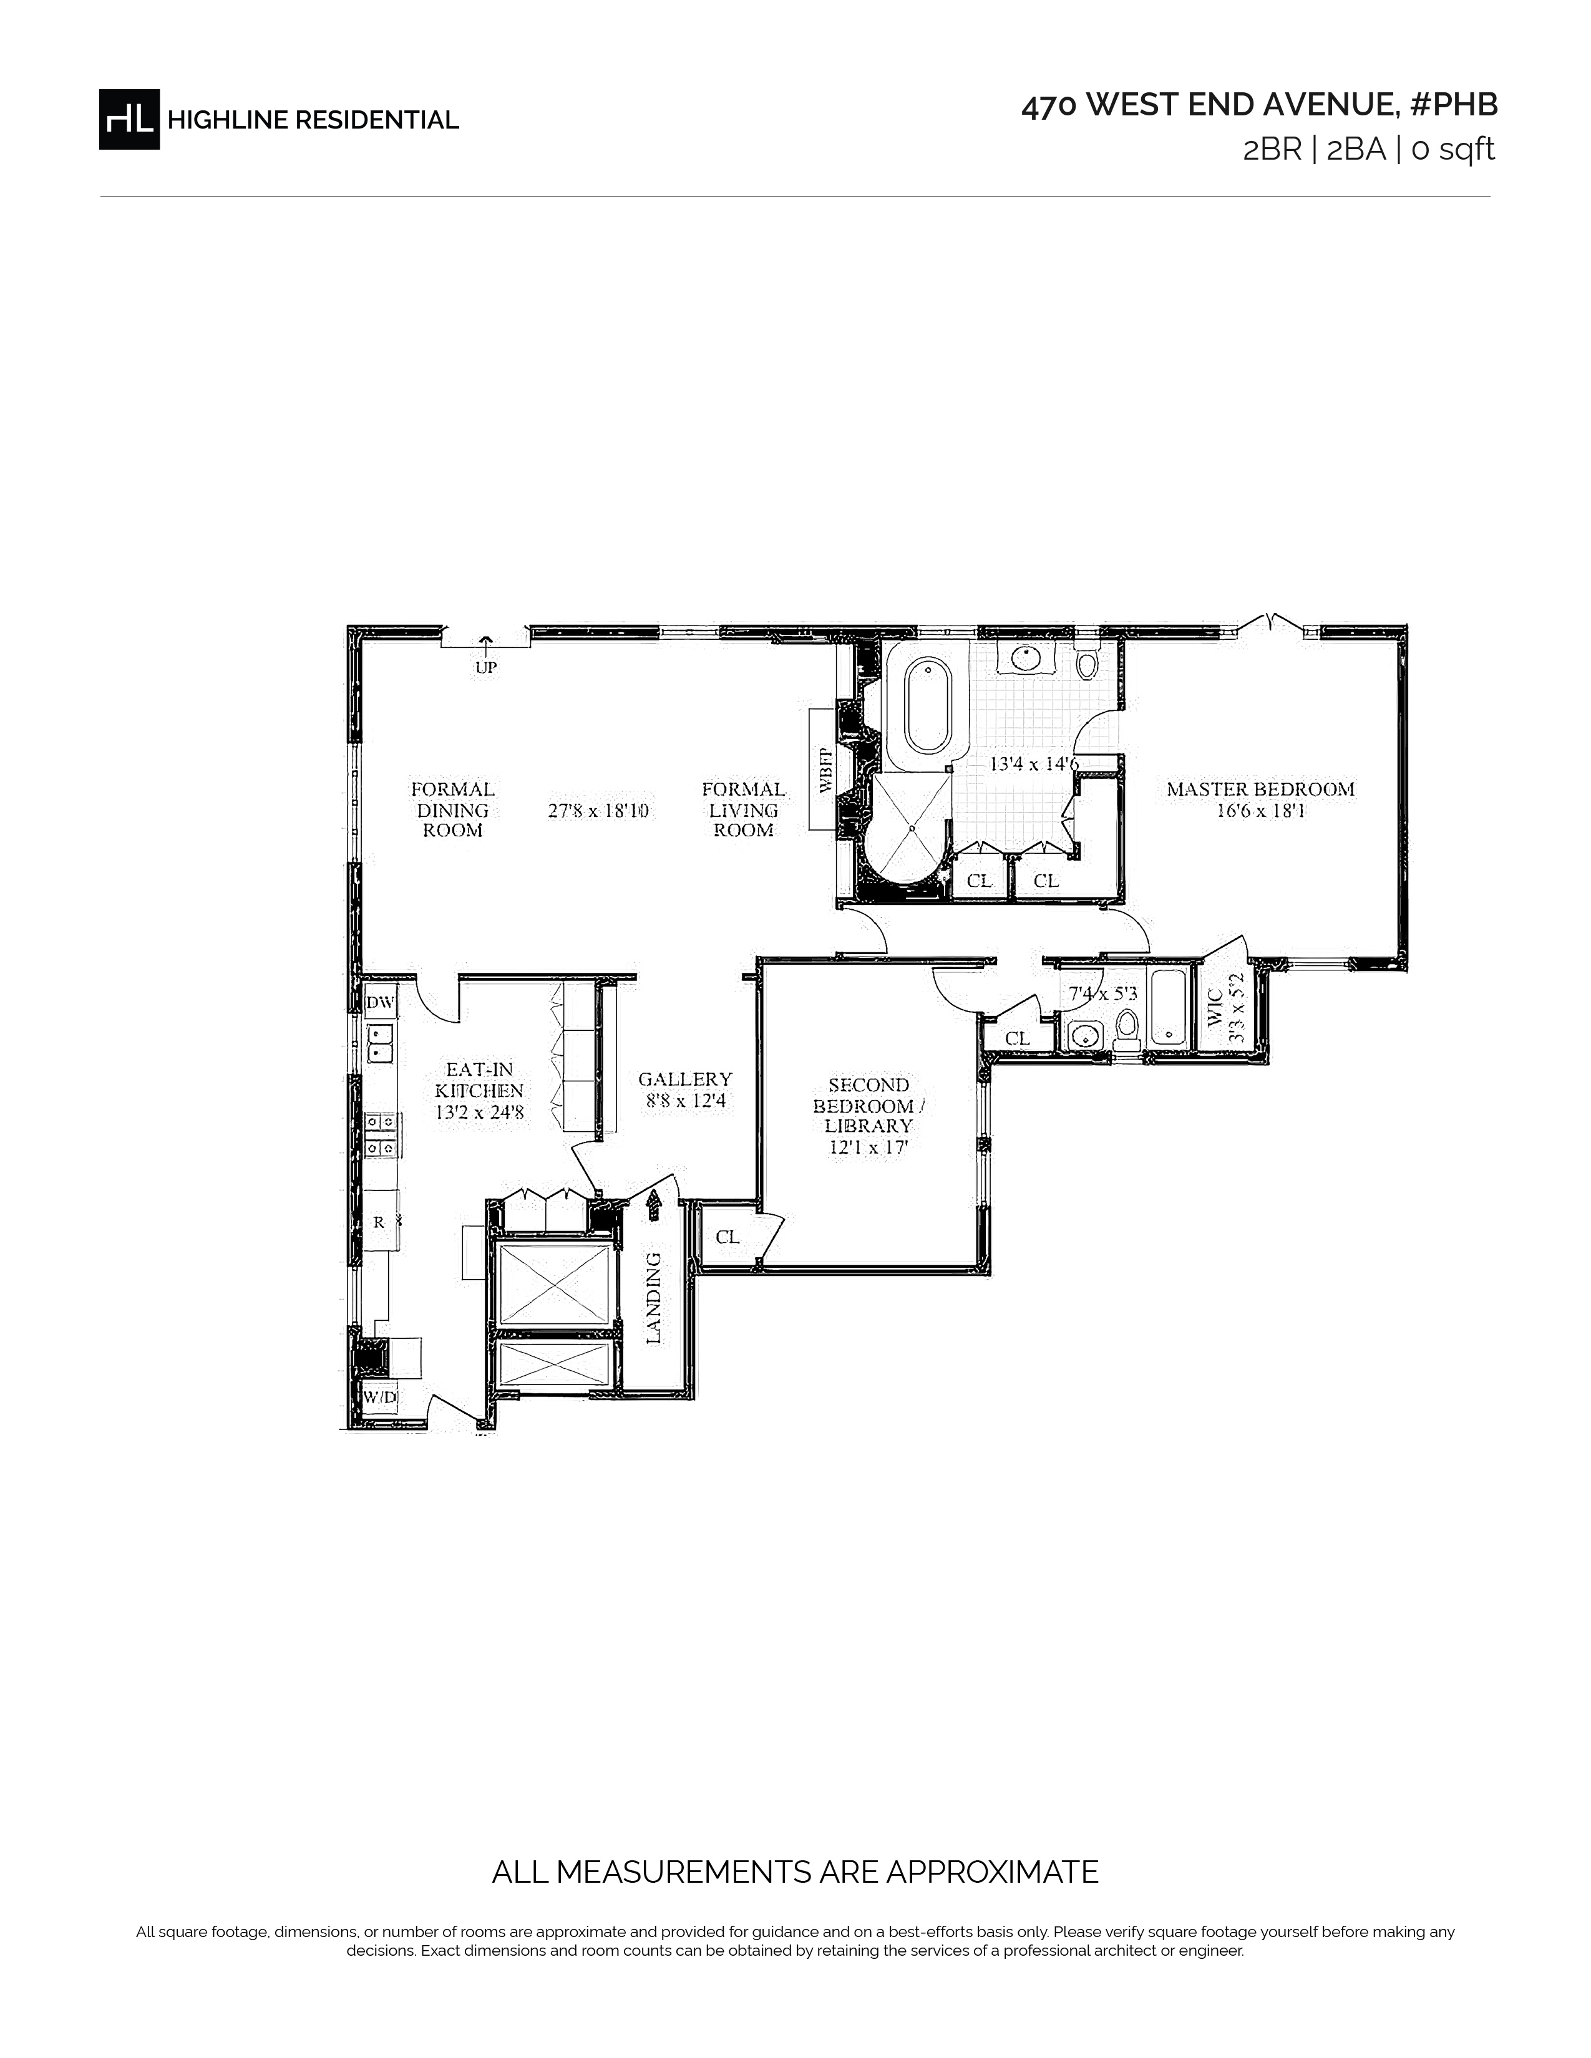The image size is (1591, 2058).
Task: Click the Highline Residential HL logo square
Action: tap(129, 118)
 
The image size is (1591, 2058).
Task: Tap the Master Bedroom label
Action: tap(1260, 790)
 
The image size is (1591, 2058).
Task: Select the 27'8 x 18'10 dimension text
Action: tap(598, 810)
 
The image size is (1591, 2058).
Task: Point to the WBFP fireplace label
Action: tap(825, 770)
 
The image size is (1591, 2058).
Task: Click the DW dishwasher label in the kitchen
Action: tap(380, 1003)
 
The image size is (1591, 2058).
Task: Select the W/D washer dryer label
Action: tap(380, 1398)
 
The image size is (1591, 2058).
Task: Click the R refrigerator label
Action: tap(379, 1222)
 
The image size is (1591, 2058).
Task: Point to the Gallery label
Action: tap(685, 1079)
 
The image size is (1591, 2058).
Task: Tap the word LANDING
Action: tap(653, 1298)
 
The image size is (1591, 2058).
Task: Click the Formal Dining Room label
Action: tap(452, 809)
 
